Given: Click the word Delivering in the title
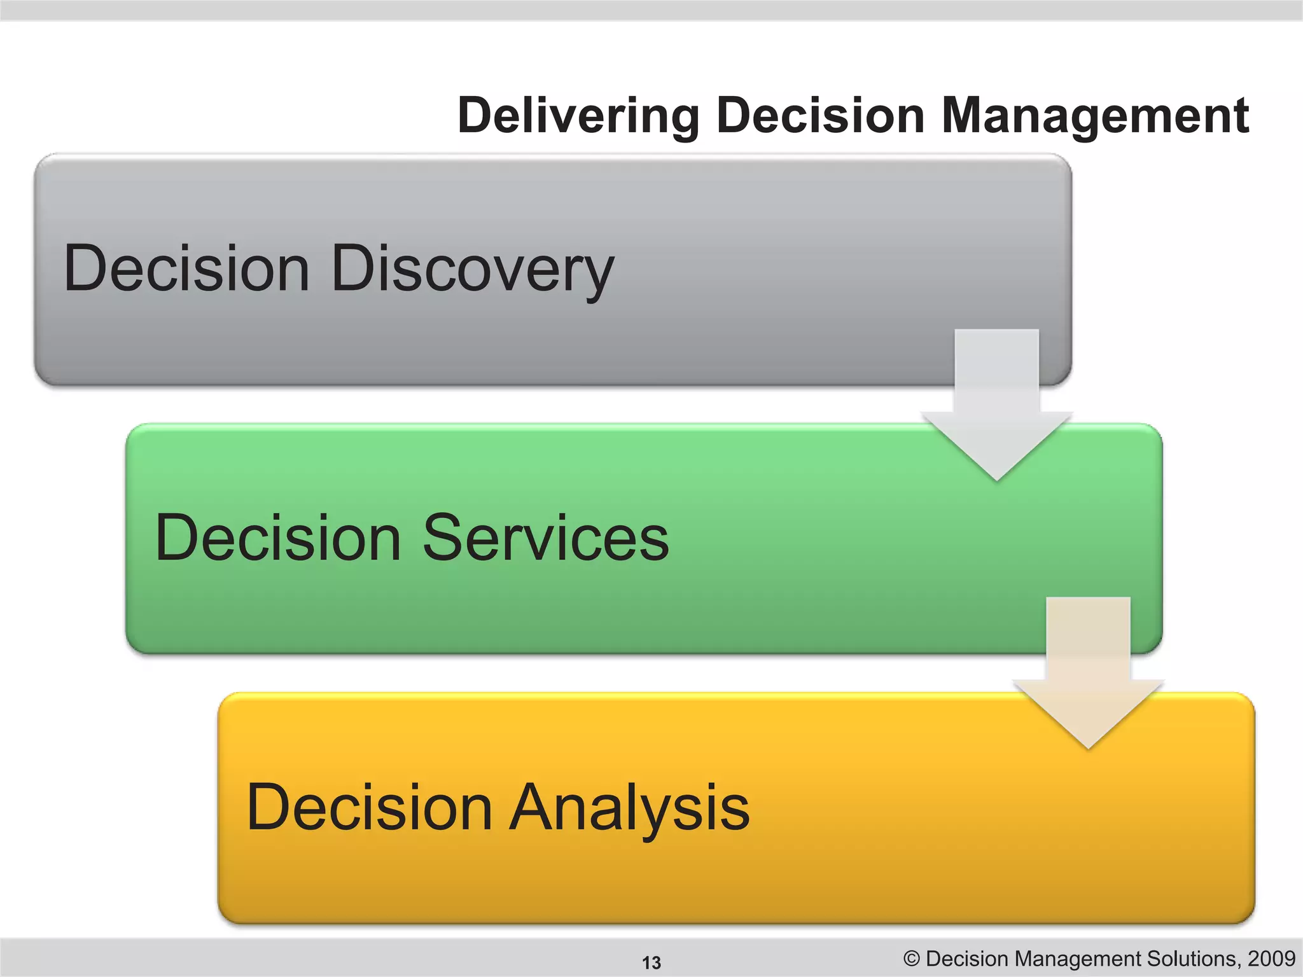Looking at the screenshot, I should click(578, 116).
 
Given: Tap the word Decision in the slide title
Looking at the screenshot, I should click(819, 116).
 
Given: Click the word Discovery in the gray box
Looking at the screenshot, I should click(472, 270).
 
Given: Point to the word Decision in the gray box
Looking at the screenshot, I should click(186, 268).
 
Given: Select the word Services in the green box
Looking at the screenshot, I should click(545, 538).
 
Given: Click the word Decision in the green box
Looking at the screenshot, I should click(278, 538).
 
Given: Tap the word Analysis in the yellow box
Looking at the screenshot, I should click(630, 808).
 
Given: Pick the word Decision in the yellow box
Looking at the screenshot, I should click(370, 808).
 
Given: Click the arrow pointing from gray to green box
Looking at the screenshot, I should click(997, 407).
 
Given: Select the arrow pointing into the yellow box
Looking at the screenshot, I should click(1088, 674).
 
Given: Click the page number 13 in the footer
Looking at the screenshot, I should click(651, 962).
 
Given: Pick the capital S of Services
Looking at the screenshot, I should click(443, 538).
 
